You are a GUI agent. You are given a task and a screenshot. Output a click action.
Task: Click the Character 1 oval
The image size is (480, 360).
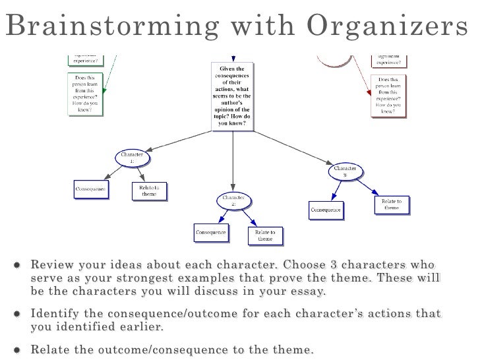(x=133, y=158)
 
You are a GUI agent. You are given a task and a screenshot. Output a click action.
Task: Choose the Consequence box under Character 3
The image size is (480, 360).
(x=326, y=210)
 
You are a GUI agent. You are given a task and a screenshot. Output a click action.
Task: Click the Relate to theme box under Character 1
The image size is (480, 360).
(x=149, y=191)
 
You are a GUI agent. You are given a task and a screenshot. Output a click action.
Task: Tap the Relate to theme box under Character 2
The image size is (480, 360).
(x=265, y=235)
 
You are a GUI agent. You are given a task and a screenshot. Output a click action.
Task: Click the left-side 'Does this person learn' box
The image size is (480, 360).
(x=85, y=94)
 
